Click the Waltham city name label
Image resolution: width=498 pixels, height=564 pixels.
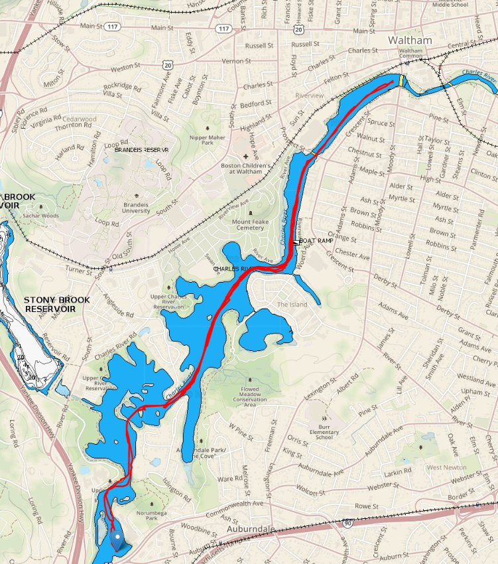(410, 40)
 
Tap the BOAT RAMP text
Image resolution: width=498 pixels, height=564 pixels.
(316, 241)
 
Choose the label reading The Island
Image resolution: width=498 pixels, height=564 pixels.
(292, 305)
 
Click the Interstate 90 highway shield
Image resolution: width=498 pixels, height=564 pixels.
(347, 523)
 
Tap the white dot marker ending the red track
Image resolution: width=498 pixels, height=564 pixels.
(117, 535)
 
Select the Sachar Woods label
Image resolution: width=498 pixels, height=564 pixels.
(41, 216)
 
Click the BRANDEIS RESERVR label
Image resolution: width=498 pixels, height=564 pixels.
(142, 151)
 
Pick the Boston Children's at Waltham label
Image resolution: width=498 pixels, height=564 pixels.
(244, 169)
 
